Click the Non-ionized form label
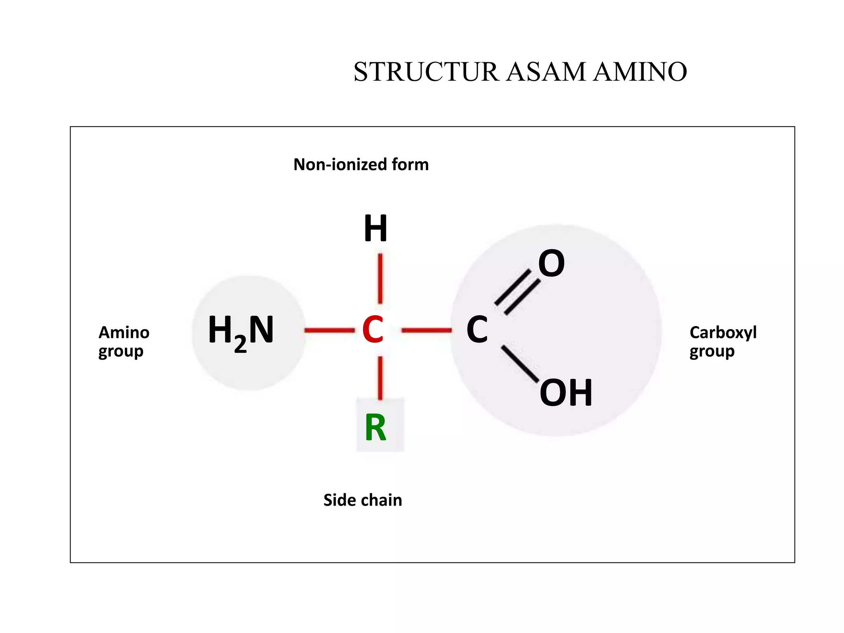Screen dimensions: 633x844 click(x=361, y=164)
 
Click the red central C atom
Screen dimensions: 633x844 click(x=373, y=330)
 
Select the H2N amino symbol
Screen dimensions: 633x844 click(x=241, y=332)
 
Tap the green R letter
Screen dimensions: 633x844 click(x=375, y=428)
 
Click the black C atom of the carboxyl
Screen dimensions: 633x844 click(x=477, y=330)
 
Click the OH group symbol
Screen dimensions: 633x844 click(x=566, y=393)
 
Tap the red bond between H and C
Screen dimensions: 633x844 click(x=380, y=279)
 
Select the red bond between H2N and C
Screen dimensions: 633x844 click(x=329, y=330)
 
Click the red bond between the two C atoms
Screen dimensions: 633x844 click(x=427, y=330)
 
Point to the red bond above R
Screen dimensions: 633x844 click(x=380, y=377)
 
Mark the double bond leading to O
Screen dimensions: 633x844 click(x=518, y=292)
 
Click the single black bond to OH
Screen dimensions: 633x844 click(x=520, y=363)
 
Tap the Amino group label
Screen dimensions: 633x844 click(x=124, y=342)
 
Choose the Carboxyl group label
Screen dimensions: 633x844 click(x=723, y=342)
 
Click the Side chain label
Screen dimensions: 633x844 click(x=363, y=500)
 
